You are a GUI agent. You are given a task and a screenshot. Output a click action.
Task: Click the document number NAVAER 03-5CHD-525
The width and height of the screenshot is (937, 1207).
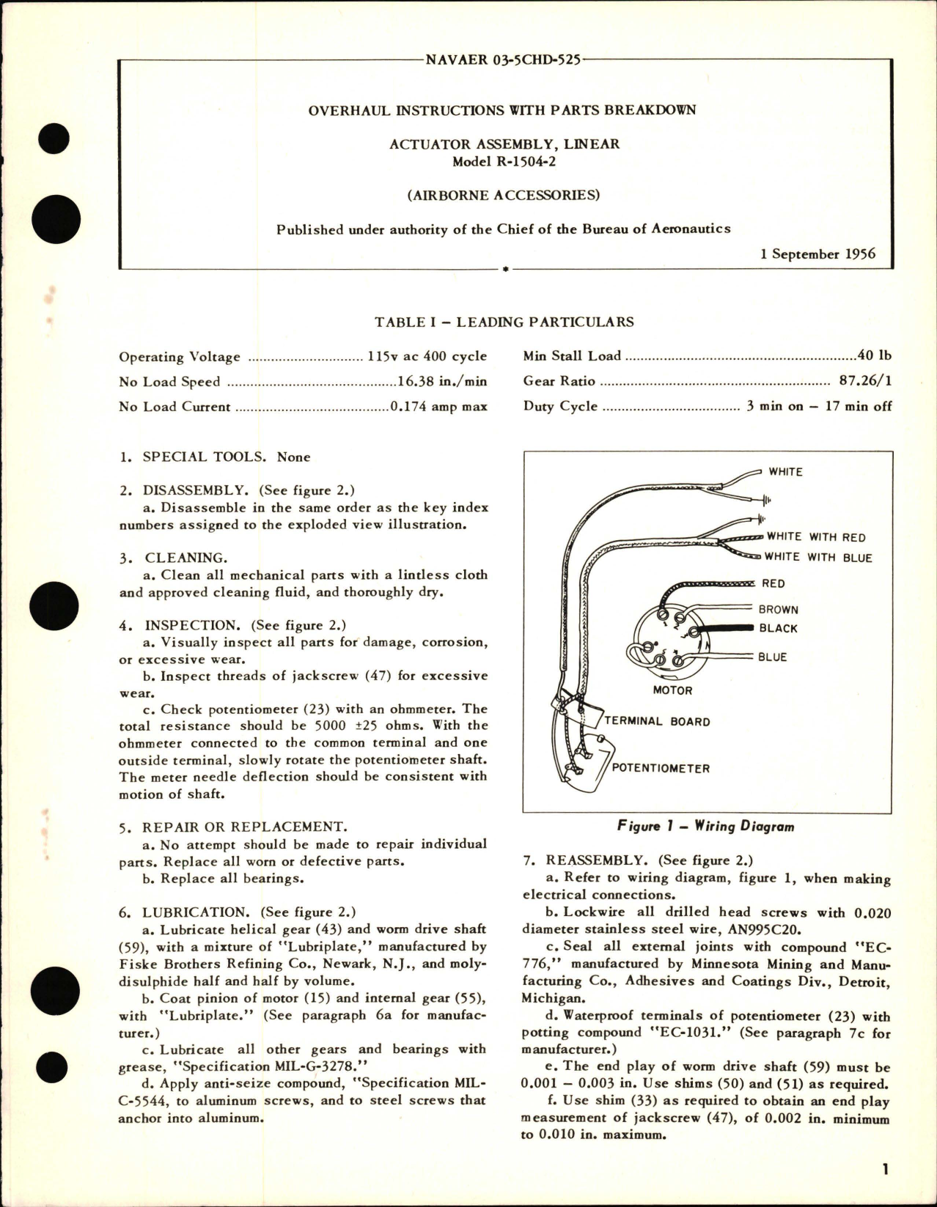pyautogui.click(x=503, y=59)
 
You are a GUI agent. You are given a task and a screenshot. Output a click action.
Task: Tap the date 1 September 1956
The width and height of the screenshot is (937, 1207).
pyautogui.click(x=817, y=254)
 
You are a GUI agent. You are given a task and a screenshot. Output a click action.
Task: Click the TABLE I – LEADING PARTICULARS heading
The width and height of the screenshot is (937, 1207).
pyautogui.click(x=504, y=322)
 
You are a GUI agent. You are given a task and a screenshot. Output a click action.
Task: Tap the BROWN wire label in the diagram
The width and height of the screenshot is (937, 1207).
pyautogui.click(x=778, y=610)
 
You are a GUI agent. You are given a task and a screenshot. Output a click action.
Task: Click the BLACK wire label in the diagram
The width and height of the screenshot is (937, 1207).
pyautogui.click(x=778, y=629)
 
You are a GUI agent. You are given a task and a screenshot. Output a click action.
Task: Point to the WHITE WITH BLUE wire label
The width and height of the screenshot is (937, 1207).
pyautogui.click(x=817, y=558)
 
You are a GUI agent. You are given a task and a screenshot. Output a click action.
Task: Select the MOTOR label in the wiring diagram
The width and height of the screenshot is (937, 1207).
pyautogui.click(x=672, y=690)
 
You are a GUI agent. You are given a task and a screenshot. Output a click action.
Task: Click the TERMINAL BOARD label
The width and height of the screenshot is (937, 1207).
pyautogui.click(x=658, y=722)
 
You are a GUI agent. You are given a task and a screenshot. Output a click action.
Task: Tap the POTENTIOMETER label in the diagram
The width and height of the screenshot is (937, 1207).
pyautogui.click(x=661, y=769)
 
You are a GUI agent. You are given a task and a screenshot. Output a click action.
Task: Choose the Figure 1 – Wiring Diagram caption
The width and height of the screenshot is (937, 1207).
pyautogui.click(x=706, y=827)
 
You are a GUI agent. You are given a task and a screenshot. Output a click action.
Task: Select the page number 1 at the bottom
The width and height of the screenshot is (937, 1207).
pyautogui.click(x=886, y=1170)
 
